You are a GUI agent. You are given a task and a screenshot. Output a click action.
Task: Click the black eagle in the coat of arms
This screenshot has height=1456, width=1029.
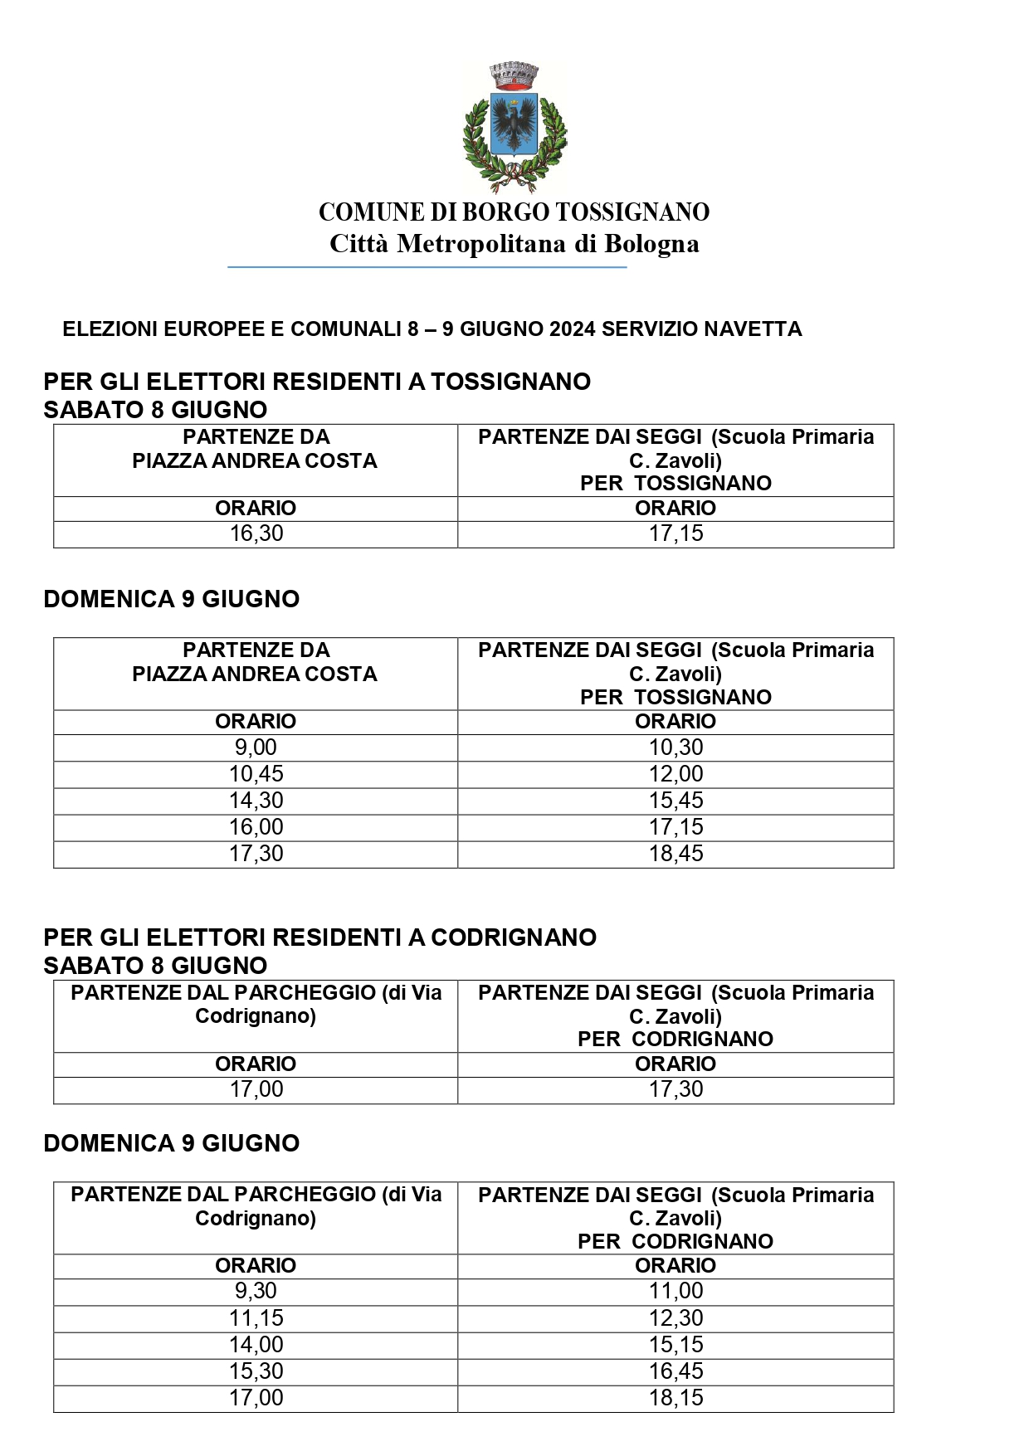pyautogui.click(x=514, y=124)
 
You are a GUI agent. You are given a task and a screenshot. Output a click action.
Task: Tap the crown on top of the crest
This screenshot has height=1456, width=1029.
pyautogui.click(x=514, y=75)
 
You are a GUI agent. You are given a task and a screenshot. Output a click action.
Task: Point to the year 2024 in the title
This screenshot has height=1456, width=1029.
pyautogui.click(x=572, y=329)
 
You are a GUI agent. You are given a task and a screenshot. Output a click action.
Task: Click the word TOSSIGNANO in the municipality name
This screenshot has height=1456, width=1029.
pyautogui.click(x=632, y=212)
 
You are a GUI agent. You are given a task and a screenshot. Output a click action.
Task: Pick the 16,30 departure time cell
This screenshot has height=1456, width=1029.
pyautogui.click(x=256, y=533)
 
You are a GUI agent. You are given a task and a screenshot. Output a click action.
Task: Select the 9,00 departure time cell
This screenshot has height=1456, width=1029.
pyautogui.click(x=256, y=747)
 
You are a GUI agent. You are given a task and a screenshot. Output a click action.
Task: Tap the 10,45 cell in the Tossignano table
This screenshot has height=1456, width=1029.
pyautogui.click(x=256, y=774)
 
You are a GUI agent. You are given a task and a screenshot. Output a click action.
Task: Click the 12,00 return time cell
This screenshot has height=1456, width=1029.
pyautogui.click(x=675, y=774)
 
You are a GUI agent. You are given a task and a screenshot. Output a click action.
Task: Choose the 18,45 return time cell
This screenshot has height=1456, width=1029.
pyautogui.click(x=675, y=854)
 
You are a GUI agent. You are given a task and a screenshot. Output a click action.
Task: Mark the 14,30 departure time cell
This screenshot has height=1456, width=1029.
pyautogui.click(x=256, y=801)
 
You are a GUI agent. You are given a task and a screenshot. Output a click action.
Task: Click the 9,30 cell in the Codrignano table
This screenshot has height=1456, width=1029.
pyautogui.click(x=256, y=1291)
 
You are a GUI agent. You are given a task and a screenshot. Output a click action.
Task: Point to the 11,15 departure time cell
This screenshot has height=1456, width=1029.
pyautogui.click(x=256, y=1318)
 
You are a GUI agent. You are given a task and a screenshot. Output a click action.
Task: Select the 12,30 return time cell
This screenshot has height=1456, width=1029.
pyautogui.click(x=675, y=1318)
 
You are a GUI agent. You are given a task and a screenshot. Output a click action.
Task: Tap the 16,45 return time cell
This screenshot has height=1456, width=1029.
pyautogui.click(x=675, y=1371)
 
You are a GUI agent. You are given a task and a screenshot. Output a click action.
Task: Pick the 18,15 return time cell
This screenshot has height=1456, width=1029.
pyautogui.click(x=675, y=1398)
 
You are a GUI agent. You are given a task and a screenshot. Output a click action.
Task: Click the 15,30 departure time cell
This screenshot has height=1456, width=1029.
pyautogui.click(x=256, y=1371)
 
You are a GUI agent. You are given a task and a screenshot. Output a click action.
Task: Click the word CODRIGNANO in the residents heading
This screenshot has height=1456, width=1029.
pyautogui.click(x=514, y=937)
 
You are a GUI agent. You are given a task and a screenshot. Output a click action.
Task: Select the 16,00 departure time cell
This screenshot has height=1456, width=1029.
pyautogui.click(x=256, y=827)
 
